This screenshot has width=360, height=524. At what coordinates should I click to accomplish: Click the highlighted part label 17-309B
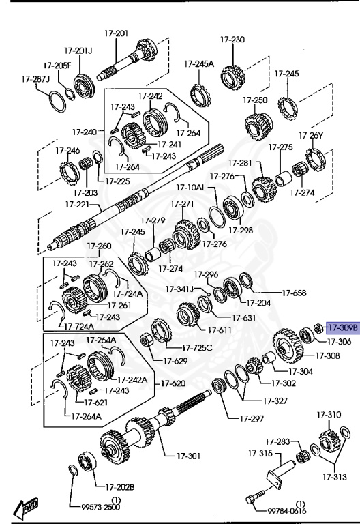(x=342, y=327)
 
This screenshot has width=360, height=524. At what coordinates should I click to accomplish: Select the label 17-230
(x=232, y=40)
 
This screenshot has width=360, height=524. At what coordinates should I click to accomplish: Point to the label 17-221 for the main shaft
(x=78, y=204)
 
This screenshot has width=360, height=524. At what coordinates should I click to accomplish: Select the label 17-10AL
(x=191, y=187)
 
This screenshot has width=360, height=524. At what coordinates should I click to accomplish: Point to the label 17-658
(x=295, y=293)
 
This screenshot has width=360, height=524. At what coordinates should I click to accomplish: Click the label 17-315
(x=260, y=453)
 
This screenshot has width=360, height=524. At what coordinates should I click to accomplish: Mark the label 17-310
(x=329, y=415)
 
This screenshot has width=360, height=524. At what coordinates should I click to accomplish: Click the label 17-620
(x=172, y=383)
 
